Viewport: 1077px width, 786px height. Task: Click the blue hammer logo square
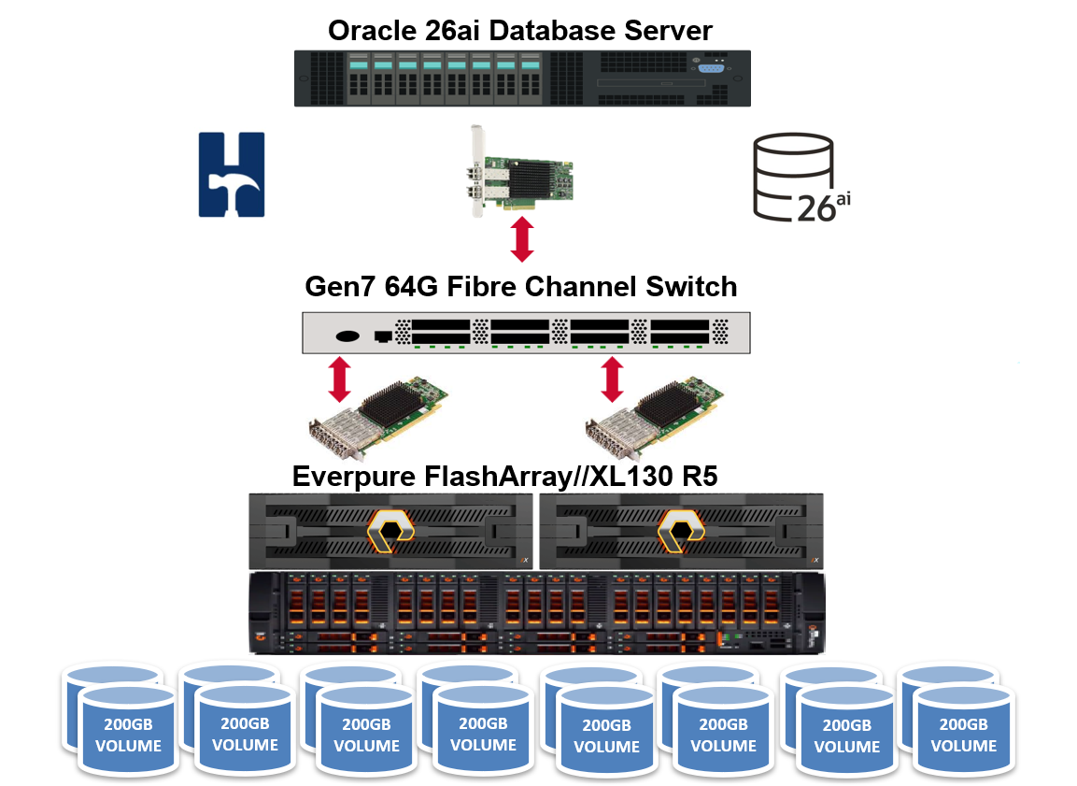click(231, 175)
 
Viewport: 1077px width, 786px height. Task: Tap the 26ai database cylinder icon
click(793, 178)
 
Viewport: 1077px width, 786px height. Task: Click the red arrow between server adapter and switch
click(522, 239)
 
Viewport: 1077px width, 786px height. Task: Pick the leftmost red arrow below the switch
click(340, 379)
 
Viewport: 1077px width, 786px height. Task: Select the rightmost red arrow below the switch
click(613, 379)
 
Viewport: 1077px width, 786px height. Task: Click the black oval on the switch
click(347, 336)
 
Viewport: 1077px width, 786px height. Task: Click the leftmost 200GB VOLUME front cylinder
click(126, 735)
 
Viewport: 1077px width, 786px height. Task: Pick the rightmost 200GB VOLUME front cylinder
click(963, 735)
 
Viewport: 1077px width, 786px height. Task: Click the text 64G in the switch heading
click(414, 286)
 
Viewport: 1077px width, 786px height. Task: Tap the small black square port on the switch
click(381, 336)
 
